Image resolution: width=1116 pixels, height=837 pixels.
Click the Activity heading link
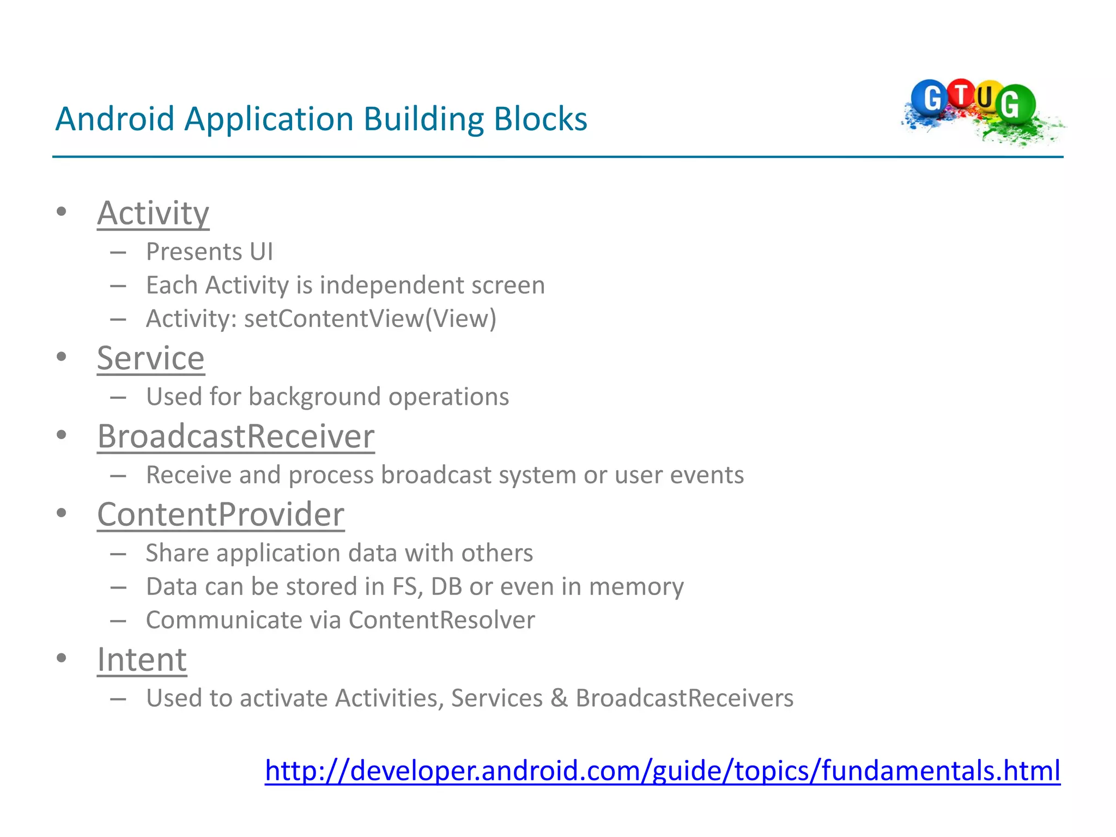tap(153, 213)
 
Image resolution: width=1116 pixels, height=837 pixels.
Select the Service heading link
tap(151, 359)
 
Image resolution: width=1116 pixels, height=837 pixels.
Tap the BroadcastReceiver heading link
tap(236, 437)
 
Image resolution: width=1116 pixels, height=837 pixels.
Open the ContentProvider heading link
tap(221, 515)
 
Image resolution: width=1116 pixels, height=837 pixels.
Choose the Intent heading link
tap(142, 660)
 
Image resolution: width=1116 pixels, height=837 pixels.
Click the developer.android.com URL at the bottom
tap(662, 771)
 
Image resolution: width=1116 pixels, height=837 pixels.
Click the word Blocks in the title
tap(540, 119)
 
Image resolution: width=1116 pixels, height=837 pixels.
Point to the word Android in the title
tap(114, 119)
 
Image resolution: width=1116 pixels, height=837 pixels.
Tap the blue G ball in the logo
tap(931, 98)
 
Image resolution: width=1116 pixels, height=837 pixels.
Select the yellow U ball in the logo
tap(985, 98)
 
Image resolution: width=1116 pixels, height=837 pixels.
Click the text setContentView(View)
tap(370, 319)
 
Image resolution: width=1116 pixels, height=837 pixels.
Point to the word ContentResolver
tap(441, 620)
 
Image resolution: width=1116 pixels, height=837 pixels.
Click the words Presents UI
tap(209, 252)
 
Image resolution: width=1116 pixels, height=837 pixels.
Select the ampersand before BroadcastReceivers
tap(559, 698)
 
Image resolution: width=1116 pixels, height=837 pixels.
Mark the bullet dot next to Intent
tap(62, 658)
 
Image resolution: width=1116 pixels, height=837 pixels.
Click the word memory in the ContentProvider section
tap(636, 587)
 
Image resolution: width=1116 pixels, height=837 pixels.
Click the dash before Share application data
tap(118, 554)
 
